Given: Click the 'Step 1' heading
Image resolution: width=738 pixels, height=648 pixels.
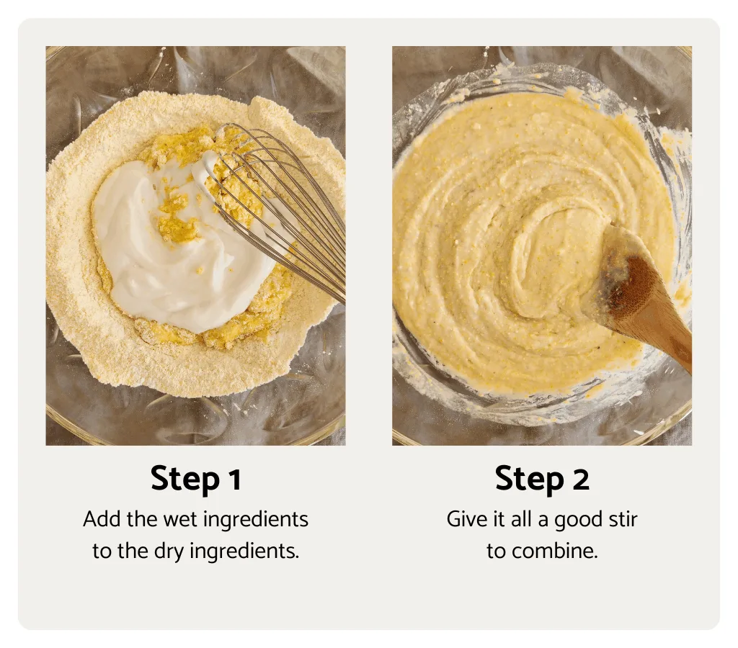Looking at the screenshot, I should (x=195, y=480).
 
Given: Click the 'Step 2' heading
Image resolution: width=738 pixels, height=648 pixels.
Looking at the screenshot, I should (x=541, y=480).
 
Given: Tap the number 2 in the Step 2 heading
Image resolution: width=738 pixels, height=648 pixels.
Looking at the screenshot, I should (x=580, y=480).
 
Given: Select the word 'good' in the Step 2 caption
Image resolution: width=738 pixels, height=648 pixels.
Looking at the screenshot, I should (x=573, y=519).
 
